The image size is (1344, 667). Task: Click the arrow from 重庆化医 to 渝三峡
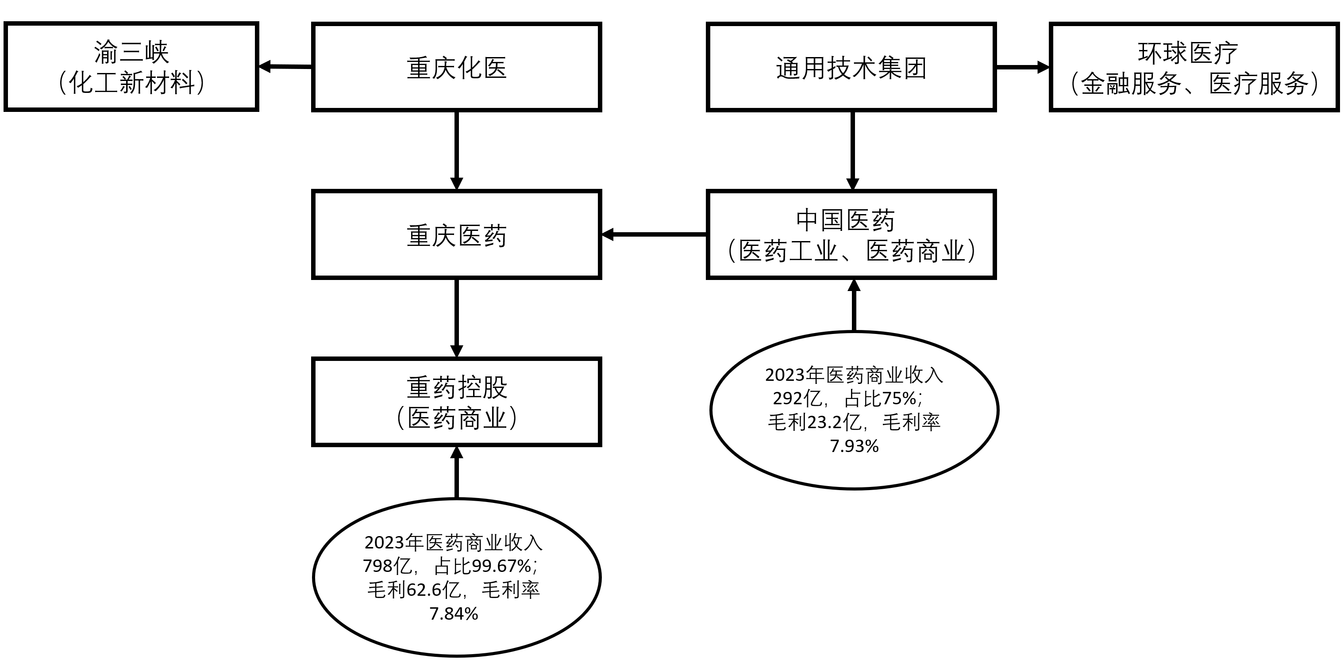(285, 67)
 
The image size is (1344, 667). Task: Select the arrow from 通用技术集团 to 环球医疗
(1023, 67)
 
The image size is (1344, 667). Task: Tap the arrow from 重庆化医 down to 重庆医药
(457, 151)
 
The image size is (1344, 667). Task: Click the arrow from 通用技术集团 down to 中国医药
(852, 151)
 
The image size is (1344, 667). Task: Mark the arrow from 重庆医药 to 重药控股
(457, 318)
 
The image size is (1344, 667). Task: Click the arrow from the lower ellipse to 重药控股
(457, 472)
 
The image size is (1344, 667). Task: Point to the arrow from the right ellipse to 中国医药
(854, 305)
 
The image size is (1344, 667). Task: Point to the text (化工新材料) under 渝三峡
(131, 82)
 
